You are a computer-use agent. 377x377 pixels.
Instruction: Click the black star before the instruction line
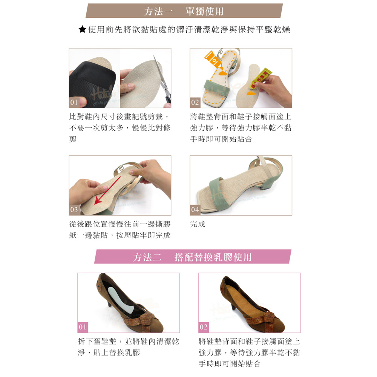[82, 29]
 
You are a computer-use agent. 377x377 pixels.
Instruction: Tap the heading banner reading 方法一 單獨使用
[184, 11]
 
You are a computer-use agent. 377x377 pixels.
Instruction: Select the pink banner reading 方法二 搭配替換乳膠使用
[193, 256]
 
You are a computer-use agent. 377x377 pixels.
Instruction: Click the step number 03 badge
[74, 209]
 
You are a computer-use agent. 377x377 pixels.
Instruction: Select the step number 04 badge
[195, 209]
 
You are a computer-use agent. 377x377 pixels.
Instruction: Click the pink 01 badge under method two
[83, 327]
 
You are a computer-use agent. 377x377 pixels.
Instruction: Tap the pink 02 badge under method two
[204, 327]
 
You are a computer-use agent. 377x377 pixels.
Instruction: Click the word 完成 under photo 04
[198, 224]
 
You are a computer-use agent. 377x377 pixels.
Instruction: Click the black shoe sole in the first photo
[93, 84]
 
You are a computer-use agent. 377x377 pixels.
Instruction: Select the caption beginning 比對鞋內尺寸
[120, 128]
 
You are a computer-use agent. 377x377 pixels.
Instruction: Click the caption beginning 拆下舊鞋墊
[129, 347]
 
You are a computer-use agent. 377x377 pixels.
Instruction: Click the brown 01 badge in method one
[74, 102]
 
